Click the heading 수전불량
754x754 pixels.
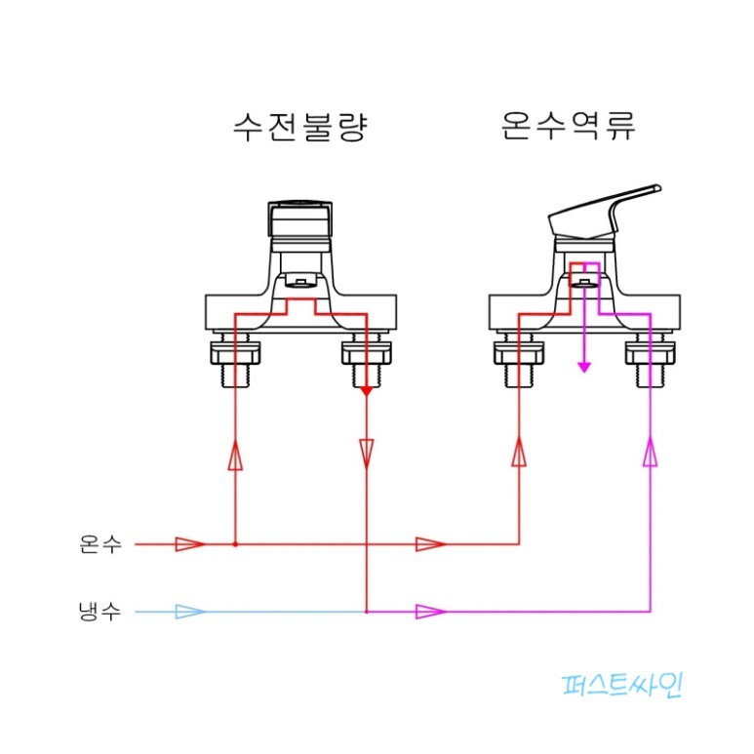click(300, 127)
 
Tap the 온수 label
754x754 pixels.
click(100, 543)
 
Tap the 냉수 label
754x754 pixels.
click(100, 613)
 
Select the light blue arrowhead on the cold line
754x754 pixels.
click(189, 613)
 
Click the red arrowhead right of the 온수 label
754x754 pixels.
click(189, 543)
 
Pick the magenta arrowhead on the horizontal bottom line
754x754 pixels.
click(430, 613)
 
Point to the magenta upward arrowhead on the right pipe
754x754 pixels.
click(650, 452)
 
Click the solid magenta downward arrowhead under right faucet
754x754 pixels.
click(584, 367)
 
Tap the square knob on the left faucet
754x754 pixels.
click(300, 221)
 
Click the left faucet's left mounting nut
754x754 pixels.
click(235, 361)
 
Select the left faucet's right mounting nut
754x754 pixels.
click(366, 361)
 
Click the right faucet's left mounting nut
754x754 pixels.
click(518, 361)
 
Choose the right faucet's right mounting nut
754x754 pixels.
click(650, 361)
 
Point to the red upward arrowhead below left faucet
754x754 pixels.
click(235, 455)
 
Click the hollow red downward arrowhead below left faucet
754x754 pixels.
click(366, 452)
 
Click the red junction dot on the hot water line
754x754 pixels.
click(235, 543)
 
